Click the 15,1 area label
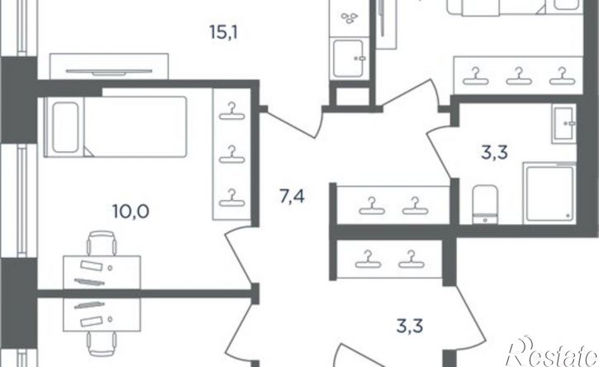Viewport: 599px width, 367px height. click(x=223, y=32)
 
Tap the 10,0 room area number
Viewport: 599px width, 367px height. click(x=131, y=211)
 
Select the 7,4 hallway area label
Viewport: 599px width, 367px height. click(x=292, y=197)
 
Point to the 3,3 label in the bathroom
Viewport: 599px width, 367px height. click(x=494, y=153)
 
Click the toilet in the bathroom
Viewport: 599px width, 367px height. click(x=485, y=204)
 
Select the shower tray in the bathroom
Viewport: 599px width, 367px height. click(x=549, y=193)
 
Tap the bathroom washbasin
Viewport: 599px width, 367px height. click(x=563, y=124)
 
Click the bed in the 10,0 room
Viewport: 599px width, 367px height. click(x=116, y=126)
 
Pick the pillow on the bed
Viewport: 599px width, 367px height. click(x=66, y=127)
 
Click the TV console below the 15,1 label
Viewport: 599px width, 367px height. click(x=109, y=66)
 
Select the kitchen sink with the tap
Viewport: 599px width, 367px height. click(x=349, y=58)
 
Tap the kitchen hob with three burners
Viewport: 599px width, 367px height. click(x=349, y=18)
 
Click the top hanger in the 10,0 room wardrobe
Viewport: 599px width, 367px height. click(x=232, y=112)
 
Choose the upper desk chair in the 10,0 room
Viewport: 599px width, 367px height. click(x=102, y=243)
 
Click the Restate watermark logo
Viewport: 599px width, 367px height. click(x=552, y=352)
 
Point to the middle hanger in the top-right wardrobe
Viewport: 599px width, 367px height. click(x=519, y=76)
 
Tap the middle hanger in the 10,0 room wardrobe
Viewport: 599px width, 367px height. click(x=232, y=154)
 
